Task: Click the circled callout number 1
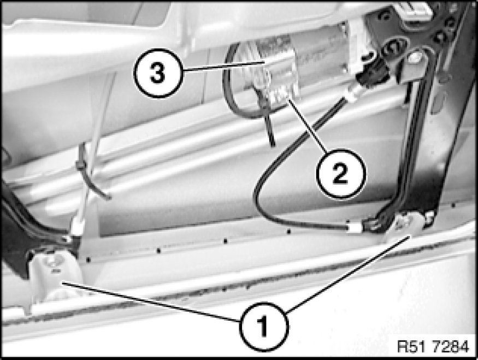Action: [263, 327]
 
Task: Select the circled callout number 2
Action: [340, 174]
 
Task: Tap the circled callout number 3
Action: [158, 73]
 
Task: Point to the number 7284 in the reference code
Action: [450, 346]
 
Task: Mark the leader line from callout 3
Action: [224, 66]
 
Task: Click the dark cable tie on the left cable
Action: [81, 162]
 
